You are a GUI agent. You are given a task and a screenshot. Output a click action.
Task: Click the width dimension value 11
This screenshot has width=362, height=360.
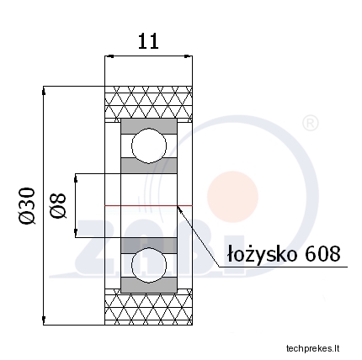click(148, 41)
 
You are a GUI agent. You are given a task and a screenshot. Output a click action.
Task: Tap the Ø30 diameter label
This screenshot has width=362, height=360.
click(27, 206)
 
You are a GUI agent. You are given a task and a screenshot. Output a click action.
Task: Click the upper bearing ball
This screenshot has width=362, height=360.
click(149, 146)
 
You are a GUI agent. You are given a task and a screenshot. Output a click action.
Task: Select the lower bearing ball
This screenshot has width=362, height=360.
click(149, 265)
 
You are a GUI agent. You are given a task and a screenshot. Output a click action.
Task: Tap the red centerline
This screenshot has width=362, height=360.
click(148, 206)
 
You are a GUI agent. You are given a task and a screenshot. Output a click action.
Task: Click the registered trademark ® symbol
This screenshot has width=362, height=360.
click(310, 124)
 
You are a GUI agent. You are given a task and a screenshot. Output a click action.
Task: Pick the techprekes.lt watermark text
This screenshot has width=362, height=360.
click(312, 348)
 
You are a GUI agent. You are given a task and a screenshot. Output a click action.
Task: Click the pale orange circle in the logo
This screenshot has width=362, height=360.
click(232, 197)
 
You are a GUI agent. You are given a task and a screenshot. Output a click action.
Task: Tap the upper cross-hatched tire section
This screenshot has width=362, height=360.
click(148, 103)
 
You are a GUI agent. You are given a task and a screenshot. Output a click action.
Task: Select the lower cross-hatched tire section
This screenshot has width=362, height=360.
click(148, 307)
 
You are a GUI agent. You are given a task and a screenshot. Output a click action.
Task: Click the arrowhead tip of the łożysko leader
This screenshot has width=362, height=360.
click(178, 206)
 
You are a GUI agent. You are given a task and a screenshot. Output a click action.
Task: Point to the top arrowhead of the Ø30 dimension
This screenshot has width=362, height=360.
click(44, 91)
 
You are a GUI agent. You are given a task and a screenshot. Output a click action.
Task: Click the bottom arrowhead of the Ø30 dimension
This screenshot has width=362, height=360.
click(44, 320)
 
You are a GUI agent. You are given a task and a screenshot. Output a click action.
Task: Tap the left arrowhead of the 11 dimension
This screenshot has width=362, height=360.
click(109, 56)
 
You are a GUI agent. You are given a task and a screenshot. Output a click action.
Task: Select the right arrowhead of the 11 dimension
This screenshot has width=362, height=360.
click(188, 56)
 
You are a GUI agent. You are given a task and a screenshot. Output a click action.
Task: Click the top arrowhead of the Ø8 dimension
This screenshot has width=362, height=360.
click(76, 178)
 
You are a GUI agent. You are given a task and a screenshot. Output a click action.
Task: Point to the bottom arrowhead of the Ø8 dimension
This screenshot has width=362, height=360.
click(76, 233)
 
